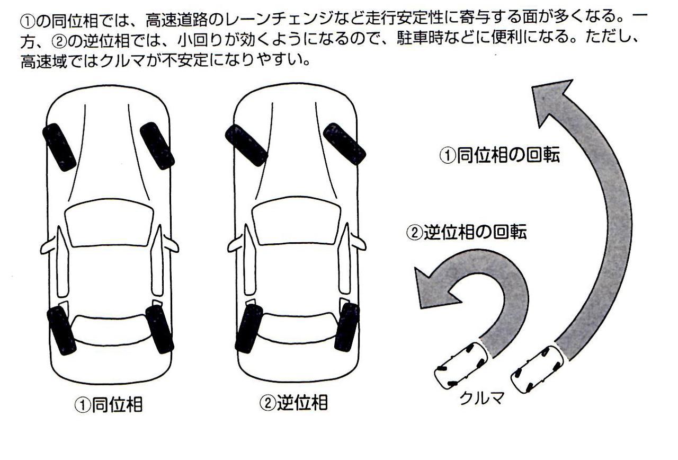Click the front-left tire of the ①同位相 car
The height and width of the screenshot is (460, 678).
point(59,147)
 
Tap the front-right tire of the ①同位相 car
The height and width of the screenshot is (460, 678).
point(157,145)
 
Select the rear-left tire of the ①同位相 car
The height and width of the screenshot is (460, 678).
point(61,330)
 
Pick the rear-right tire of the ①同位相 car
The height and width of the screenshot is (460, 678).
point(159,329)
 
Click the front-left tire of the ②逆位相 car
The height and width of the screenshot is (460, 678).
point(246,145)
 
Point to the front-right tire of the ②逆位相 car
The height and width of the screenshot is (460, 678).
point(344,143)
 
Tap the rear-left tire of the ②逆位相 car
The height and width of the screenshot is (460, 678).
point(249,329)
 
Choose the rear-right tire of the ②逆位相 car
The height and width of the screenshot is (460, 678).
point(346,326)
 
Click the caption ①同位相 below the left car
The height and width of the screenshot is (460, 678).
point(108,405)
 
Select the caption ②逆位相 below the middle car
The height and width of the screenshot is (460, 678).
point(293,403)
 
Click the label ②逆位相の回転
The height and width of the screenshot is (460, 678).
point(467,233)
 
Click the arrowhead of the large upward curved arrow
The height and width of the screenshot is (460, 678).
point(551,101)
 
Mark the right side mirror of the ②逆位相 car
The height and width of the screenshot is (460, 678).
point(358,243)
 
